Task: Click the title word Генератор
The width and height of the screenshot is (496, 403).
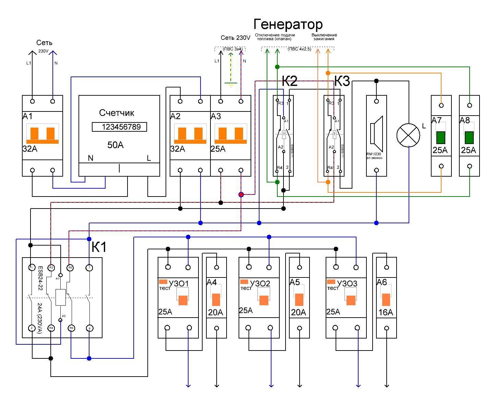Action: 288,25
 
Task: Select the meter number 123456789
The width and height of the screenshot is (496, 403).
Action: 119,127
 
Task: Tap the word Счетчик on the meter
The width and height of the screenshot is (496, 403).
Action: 117,113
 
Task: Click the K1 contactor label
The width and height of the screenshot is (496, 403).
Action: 99,247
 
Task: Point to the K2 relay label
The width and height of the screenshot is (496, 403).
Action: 290,82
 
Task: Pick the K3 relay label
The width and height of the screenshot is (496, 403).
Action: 342,82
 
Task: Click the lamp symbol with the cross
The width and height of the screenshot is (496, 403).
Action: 408,135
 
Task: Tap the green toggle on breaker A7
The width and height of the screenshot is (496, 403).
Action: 441,138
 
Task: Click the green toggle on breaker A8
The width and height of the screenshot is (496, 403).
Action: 469,138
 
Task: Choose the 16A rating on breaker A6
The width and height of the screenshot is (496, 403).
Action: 386,312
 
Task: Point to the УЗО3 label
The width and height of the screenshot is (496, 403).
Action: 347,283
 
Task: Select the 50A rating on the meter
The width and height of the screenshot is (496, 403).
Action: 116,145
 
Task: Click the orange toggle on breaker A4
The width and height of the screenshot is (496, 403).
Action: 216,299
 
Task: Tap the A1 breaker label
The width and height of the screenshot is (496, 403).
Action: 27,117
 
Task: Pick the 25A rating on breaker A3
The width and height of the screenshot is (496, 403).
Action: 218,149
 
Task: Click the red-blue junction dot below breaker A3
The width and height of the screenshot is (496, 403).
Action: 241,194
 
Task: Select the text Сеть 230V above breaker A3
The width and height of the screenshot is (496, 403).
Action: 235,38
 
